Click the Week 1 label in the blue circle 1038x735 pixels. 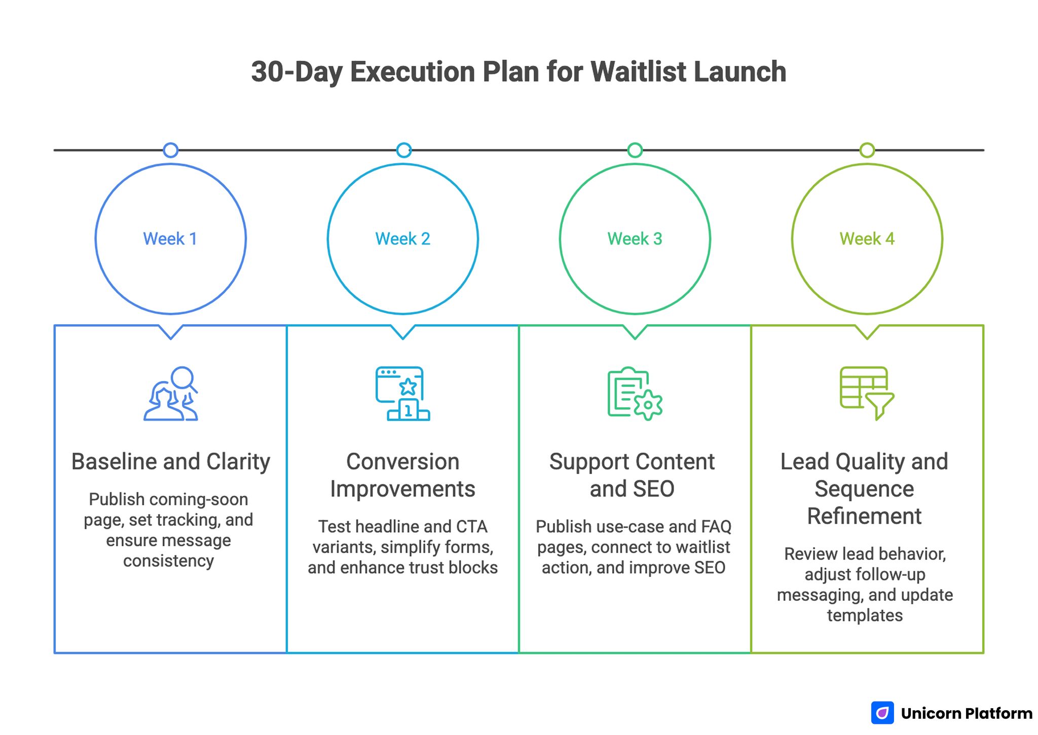(x=170, y=239)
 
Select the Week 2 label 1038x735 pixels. (x=402, y=239)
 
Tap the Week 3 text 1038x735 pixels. (x=635, y=239)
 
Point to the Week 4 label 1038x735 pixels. (x=867, y=239)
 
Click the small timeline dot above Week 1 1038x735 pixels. (x=171, y=150)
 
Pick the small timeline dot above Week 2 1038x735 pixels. (x=403, y=150)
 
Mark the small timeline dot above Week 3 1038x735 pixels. (x=635, y=150)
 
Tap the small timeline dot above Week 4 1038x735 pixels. (x=867, y=150)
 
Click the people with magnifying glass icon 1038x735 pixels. (x=171, y=394)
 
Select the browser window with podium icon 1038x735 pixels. (x=402, y=394)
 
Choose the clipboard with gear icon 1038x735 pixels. (x=635, y=394)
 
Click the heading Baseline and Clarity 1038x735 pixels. (x=170, y=461)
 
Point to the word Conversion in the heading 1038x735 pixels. (x=402, y=461)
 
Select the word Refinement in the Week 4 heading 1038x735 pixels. (x=864, y=516)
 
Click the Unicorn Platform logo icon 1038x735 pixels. (x=882, y=713)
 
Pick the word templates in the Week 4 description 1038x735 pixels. (x=865, y=615)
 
